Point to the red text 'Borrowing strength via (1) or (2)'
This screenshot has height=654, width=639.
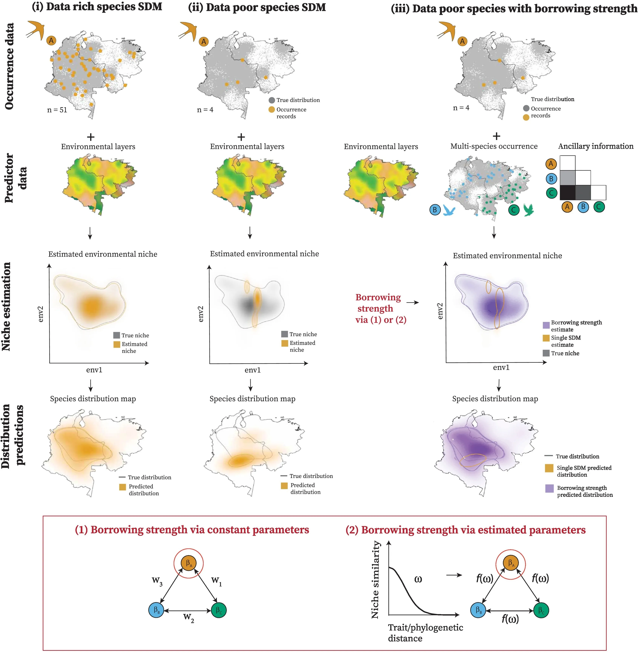pos(380,308)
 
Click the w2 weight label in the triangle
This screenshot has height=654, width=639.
pos(189,617)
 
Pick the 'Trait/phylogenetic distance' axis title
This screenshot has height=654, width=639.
pos(425,633)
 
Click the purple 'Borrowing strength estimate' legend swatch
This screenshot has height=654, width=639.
pos(546,325)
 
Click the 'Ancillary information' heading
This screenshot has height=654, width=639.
pos(596,146)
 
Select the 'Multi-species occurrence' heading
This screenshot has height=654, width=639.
pos(494,146)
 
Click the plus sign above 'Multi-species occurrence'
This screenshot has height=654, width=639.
pos(496,136)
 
